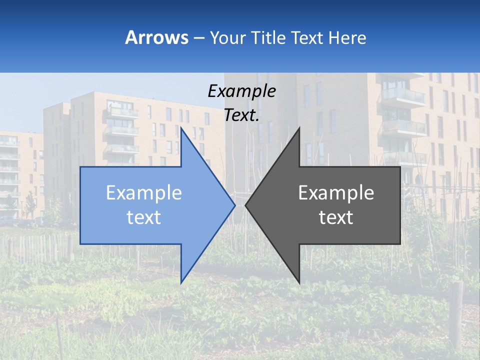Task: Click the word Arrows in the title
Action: point(157,37)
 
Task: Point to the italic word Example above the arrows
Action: point(241,91)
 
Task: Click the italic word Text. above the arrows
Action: point(242,115)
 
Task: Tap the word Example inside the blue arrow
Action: point(144,193)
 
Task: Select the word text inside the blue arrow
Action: point(144,217)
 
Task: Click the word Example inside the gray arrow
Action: point(336,193)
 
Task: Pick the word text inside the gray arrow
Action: point(336,217)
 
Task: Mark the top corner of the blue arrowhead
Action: point(181,128)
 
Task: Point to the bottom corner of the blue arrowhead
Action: point(181,282)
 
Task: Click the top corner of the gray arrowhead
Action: point(299,128)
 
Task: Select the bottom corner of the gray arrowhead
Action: point(299,282)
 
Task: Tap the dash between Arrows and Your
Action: point(198,38)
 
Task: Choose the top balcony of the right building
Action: point(402,95)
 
